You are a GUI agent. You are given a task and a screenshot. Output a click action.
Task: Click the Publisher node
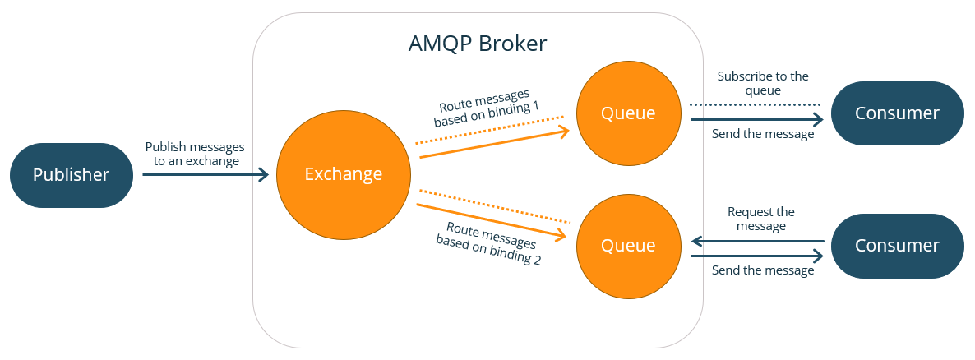[x=71, y=175]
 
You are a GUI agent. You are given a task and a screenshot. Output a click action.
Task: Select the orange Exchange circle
[x=343, y=174]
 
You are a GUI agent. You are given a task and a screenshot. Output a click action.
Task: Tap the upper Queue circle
[x=628, y=113]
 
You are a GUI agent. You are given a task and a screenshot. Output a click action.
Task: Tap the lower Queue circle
[x=628, y=245]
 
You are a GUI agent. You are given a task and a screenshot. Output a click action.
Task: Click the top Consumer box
[x=897, y=113]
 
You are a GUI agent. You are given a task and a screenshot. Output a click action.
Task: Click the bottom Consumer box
[x=897, y=245]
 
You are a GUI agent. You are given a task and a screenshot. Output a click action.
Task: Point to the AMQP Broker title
[x=477, y=44]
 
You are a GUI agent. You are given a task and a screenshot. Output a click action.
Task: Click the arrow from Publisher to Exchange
[x=206, y=174]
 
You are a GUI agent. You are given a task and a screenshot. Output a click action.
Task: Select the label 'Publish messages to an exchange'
[x=195, y=154]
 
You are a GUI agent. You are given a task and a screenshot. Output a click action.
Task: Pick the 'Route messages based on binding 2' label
[x=487, y=244]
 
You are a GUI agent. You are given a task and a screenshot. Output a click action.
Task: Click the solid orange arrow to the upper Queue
[x=493, y=142]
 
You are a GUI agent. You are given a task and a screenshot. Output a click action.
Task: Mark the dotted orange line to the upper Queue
[x=493, y=130]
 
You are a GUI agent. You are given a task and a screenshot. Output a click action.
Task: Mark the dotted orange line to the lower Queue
[x=493, y=205]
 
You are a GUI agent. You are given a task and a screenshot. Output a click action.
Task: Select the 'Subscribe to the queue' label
[x=762, y=83]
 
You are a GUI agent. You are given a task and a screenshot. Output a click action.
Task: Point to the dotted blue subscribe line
[x=755, y=104]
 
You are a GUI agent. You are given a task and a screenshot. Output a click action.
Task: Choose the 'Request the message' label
[x=761, y=219]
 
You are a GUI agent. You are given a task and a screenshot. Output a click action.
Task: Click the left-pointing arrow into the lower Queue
[x=756, y=242]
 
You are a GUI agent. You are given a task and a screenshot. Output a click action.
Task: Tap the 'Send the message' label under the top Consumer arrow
[x=762, y=134]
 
